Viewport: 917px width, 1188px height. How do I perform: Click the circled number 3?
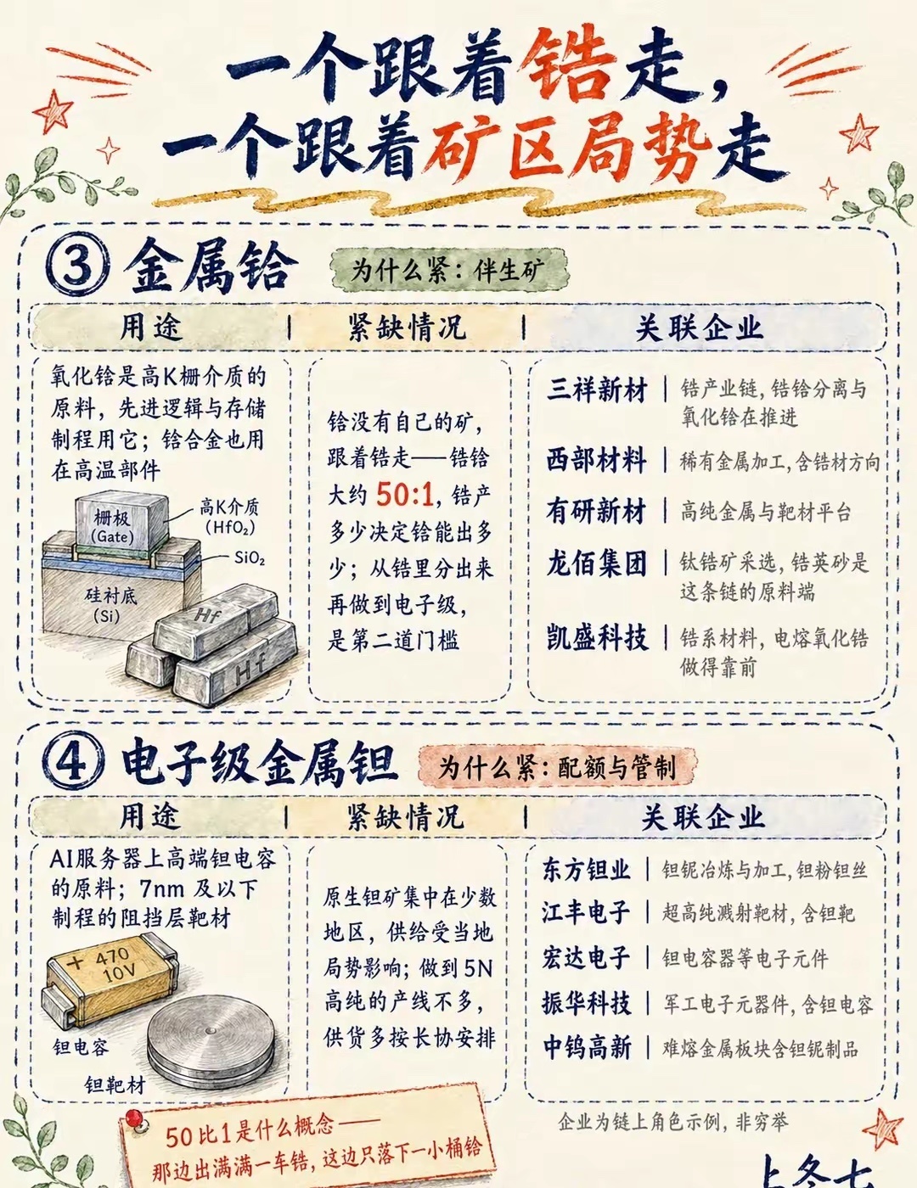77,270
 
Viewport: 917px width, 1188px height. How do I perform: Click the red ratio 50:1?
405,496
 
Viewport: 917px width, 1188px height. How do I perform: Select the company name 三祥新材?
597,391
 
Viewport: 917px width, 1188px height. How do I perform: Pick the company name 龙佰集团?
597,563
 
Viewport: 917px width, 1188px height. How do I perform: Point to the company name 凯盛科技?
597,637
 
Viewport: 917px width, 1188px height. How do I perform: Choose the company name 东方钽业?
586,870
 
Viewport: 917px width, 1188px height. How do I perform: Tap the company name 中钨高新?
588,1047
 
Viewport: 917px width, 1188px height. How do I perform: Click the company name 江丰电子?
586,913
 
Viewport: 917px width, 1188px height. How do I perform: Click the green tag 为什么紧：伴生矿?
449,270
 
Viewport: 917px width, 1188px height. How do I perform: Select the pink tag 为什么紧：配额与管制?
557,767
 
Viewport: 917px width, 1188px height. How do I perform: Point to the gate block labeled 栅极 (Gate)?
121,522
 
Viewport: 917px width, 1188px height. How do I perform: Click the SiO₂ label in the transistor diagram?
250,558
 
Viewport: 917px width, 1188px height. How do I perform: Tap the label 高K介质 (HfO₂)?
229,518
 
